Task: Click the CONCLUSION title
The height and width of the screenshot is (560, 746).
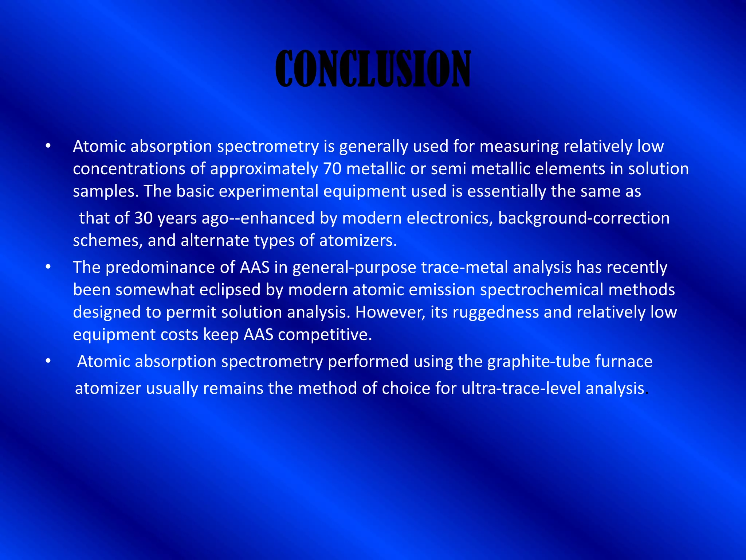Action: (373, 69)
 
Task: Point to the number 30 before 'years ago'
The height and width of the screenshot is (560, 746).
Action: (143, 218)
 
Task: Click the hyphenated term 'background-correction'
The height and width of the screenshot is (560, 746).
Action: (584, 218)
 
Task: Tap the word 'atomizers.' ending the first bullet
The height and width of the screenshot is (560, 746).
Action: (358, 241)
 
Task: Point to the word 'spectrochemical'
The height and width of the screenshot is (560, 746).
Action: (541, 290)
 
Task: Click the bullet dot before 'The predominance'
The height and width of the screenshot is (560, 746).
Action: (48, 267)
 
